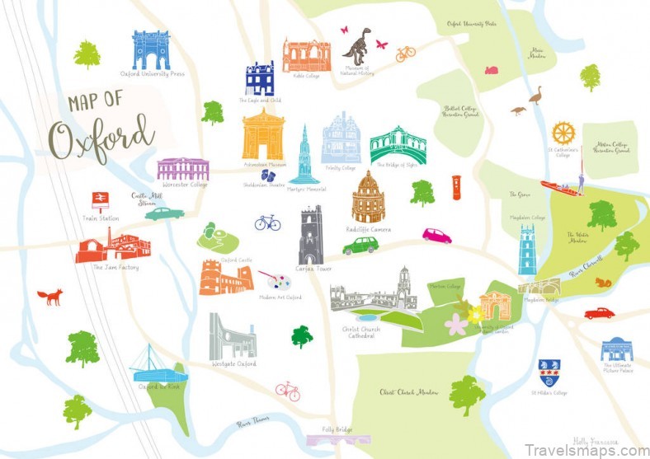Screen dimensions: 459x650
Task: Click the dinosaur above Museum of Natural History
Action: click(x=357, y=45)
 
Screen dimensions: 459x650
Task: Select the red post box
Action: click(x=457, y=187)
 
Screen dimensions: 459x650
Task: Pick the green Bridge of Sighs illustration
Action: click(x=398, y=146)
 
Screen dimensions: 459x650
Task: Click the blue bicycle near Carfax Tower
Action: click(x=267, y=222)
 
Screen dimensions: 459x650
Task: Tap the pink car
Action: click(x=436, y=236)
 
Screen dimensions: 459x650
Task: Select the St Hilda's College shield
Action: click(x=546, y=372)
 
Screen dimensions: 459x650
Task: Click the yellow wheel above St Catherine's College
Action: click(x=563, y=133)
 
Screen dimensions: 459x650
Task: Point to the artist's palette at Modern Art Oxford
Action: click(x=273, y=280)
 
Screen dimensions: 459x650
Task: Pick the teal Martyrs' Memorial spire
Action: click(x=304, y=157)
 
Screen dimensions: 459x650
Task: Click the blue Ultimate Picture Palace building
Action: click(x=616, y=349)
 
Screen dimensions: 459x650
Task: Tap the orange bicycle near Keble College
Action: click(x=405, y=54)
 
